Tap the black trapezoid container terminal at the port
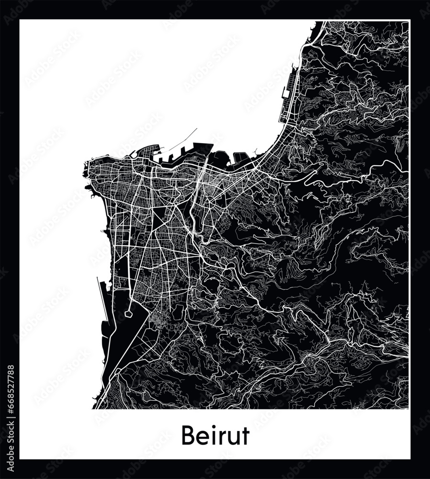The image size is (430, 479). click(x=202, y=149)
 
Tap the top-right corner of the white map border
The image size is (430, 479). click(x=410, y=20)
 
